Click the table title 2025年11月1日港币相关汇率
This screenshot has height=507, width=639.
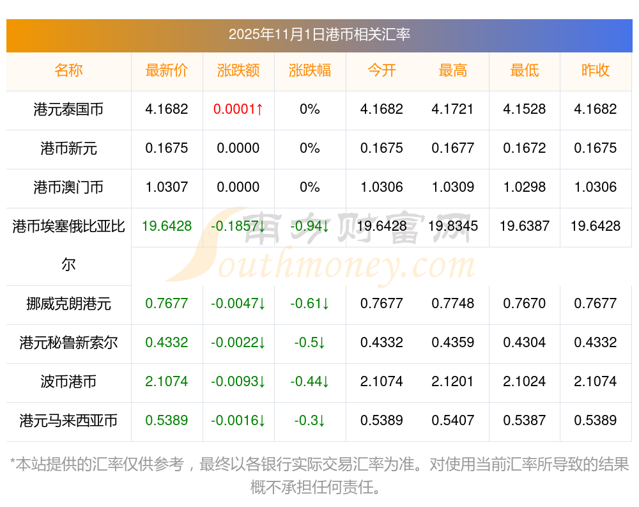(319, 35)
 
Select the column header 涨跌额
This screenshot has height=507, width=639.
(238, 70)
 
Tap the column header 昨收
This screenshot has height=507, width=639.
(596, 70)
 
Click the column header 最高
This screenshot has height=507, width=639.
(452, 70)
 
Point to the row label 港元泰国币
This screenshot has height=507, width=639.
(68, 109)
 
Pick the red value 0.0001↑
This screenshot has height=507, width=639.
(238, 109)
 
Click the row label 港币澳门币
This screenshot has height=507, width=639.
(68, 187)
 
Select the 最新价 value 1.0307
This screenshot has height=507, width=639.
(167, 187)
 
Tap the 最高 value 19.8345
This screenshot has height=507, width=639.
(452, 226)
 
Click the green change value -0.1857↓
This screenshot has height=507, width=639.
(238, 226)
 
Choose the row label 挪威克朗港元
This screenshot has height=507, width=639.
(68, 304)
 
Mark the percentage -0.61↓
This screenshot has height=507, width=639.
(310, 304)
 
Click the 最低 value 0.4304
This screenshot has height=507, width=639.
(524, 343)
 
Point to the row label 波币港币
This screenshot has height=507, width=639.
(68, 382)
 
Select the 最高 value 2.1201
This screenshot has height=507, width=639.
(452, 382)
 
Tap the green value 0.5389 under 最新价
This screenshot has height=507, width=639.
(167, 421)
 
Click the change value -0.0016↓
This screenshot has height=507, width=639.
(238, 421)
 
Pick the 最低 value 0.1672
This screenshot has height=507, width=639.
(524, 148)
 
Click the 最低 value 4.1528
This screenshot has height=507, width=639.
(524, 109)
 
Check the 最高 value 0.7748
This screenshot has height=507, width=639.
(452, 304)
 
